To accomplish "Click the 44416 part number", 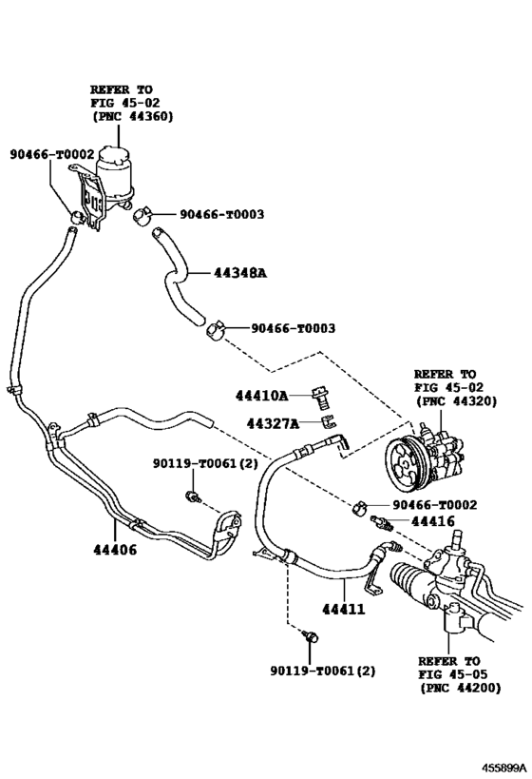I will coord(432,521).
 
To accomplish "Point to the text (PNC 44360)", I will coord(133,117).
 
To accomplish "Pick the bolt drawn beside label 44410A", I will coord(321,394).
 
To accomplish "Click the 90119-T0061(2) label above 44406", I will coord(204,463).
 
